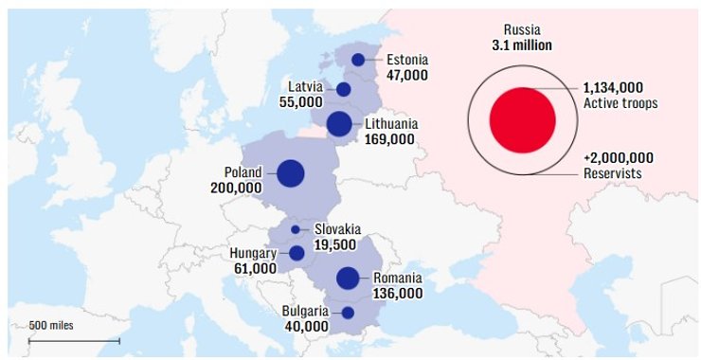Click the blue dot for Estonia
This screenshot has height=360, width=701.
(x=358, y=60)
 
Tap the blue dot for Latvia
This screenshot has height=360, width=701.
(x=344, y=89)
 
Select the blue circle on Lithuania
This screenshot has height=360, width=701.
(x=338, y=123)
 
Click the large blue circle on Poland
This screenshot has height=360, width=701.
(x=291, y=173)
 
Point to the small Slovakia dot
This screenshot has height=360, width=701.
(x=296, y=229)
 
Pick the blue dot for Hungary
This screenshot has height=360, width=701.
(x=297, y=253)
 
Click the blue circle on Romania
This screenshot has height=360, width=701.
(x=348, y=278)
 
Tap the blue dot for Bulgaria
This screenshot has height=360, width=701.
(x=348, y=313)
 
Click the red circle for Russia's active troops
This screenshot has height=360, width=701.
(x=522, y=119)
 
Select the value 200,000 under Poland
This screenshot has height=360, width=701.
(x=236, y=189)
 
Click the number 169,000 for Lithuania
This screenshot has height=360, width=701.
(x=389, y=139)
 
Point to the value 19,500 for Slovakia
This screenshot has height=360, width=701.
(x=336, y=244)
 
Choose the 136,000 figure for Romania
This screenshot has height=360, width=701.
(x=398, y=294)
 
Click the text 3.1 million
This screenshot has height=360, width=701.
(x=522, y=45)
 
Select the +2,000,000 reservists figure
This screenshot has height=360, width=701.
(x=619, y=158)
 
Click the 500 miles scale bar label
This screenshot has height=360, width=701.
(x=51, y=326)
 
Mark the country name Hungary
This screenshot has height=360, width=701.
(x=253, y=253)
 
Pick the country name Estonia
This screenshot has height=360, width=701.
(x=408, y=59)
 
